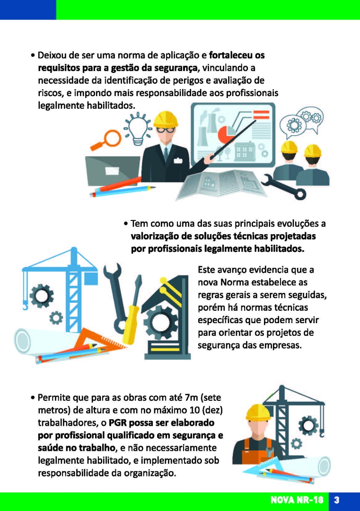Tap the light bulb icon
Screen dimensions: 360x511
point(138,129)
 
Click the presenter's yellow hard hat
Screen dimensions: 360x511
point(166,119)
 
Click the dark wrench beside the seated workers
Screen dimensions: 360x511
point(283,187)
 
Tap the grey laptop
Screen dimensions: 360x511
point(113,171)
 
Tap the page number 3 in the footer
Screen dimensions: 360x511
point(337,500)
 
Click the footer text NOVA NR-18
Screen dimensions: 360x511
point(297,500)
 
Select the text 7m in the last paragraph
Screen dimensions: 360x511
point(191,397)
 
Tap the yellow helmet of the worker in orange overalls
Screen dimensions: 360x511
point(258,413)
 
